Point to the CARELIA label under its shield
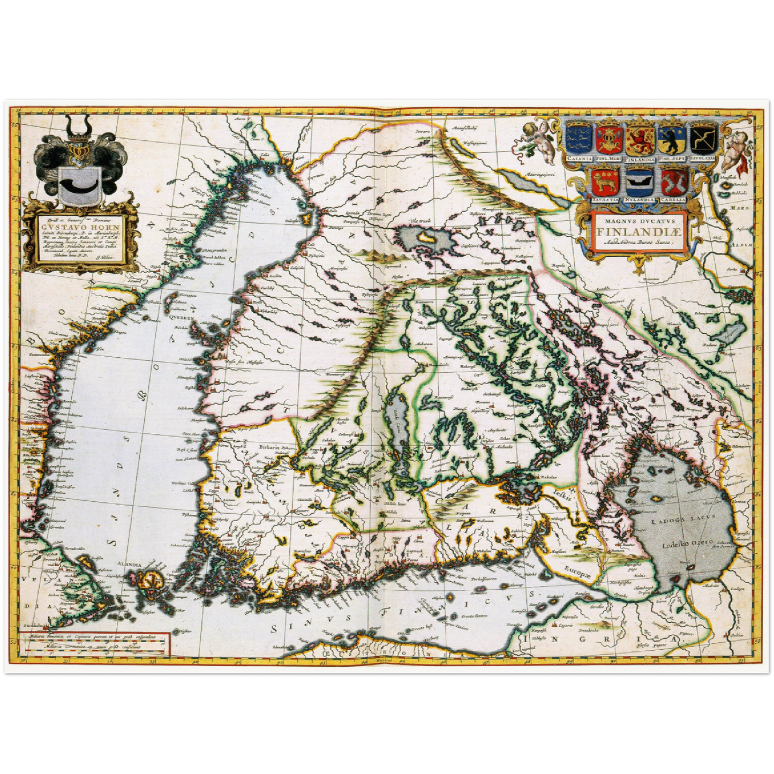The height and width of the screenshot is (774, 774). (x=673, y=200)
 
